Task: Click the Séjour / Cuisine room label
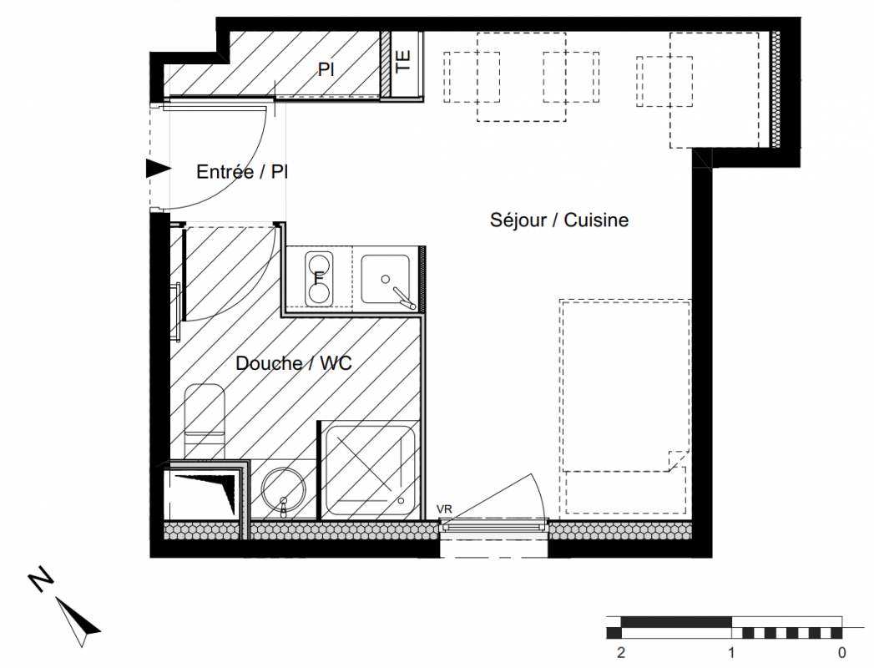(559, 220)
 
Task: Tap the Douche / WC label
(294, 363)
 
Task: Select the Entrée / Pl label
(242, 172)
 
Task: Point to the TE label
(403, 61)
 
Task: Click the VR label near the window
(444, 509)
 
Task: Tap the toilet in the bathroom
(205, 421)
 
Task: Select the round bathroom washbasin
(283, 489)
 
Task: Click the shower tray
(370, 471)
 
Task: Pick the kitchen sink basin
(385, 279)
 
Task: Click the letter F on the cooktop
(319, 278)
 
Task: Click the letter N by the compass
(41, 579)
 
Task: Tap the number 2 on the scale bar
(621, 652)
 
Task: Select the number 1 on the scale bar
(731, 652)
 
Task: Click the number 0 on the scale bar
(842, 652)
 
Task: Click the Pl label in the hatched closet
(326, 69)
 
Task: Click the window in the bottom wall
(494, 526)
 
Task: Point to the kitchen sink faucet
(403, 297)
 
